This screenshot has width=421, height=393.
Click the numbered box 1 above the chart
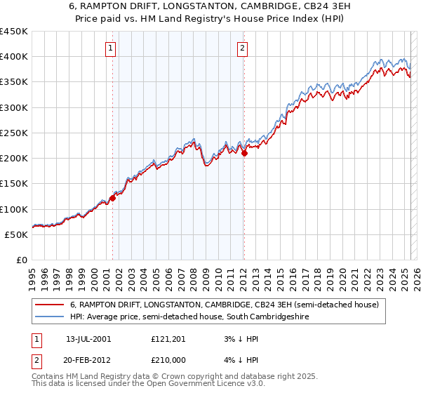[112, 48]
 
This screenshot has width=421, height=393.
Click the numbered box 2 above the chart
[242, 48]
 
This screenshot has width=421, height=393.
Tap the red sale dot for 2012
[244, 154]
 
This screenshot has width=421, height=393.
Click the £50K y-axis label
[17, 234]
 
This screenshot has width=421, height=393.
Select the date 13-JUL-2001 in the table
[89, 339]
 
